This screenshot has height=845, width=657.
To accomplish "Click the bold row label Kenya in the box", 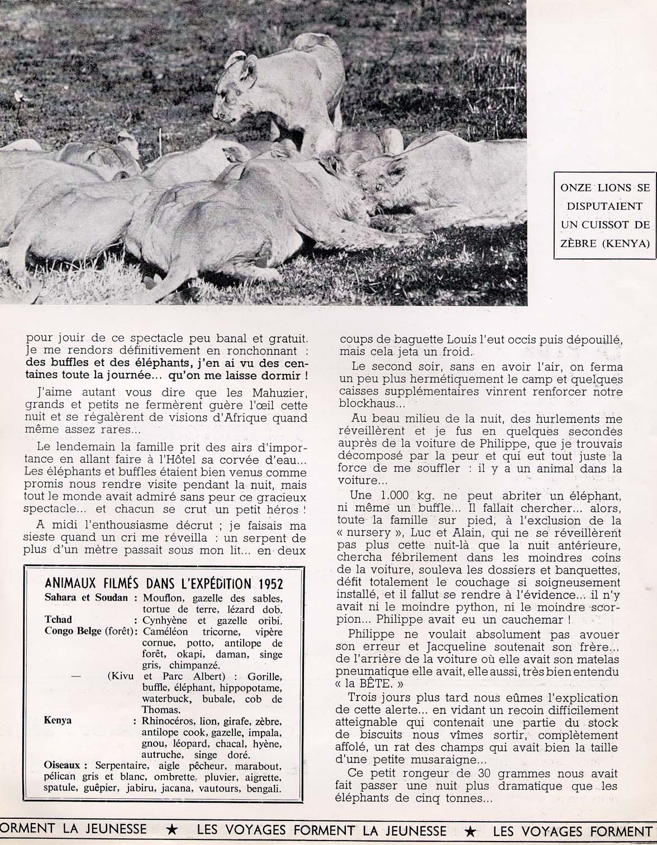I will click(58, 721).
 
